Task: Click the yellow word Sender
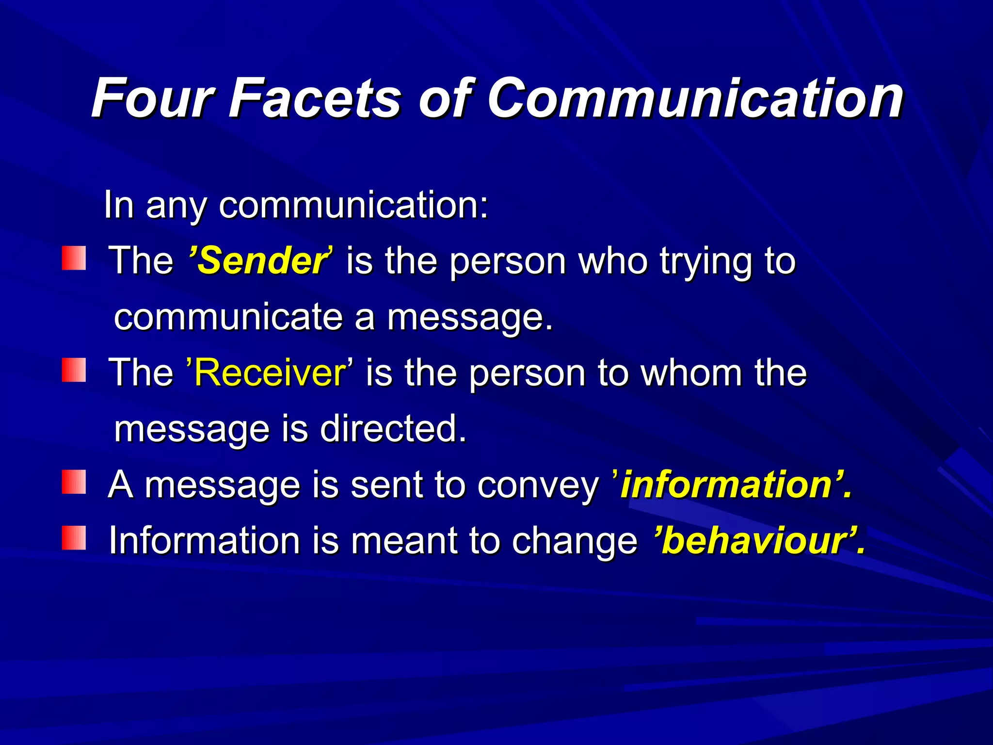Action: tap(262, 261)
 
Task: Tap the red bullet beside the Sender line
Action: tap(74, 258)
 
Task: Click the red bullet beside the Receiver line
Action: tap(74, 370)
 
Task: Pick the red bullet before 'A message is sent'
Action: tap(74, 482)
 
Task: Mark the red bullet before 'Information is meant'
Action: tap(74, 538)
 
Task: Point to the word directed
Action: tap(392, 429)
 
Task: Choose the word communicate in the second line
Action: tap(228, 317)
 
